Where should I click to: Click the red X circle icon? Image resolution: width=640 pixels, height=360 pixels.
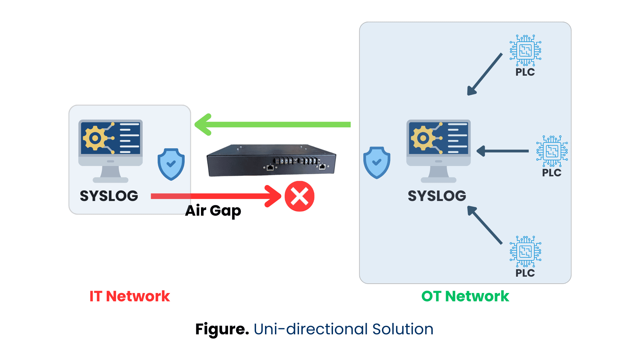click(x=299, y=196)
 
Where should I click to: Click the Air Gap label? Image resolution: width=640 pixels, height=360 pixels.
click(x=213, y=211)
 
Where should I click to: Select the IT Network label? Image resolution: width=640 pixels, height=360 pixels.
click(x=130, y=296)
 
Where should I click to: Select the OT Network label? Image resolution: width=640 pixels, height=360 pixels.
click(x=465, y=296)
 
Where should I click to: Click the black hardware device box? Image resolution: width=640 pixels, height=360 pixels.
click(x=271, y=160)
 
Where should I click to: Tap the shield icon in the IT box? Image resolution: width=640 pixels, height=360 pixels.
click(x=171, y=164)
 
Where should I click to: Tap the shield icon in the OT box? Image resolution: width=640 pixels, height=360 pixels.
click(x=377, y=162)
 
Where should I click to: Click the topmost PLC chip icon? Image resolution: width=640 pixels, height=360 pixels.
click(x=525, y=50)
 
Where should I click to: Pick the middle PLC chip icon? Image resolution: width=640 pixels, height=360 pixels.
click(x=552, y=151)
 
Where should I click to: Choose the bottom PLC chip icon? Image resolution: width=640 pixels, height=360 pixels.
click(x=525, y=251)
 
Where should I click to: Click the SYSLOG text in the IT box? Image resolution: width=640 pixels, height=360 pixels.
click(x=109, y=196)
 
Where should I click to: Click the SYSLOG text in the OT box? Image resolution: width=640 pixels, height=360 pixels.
click(x=437, y=196)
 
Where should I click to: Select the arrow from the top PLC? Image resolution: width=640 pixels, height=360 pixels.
click(x=485, y=74)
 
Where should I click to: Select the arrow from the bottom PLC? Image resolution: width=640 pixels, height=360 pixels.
click(x=485, y=225)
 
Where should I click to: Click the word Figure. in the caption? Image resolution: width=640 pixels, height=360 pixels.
click(x=222, y=329)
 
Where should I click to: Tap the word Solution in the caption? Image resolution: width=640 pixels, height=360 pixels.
click(x=403, y=329)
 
